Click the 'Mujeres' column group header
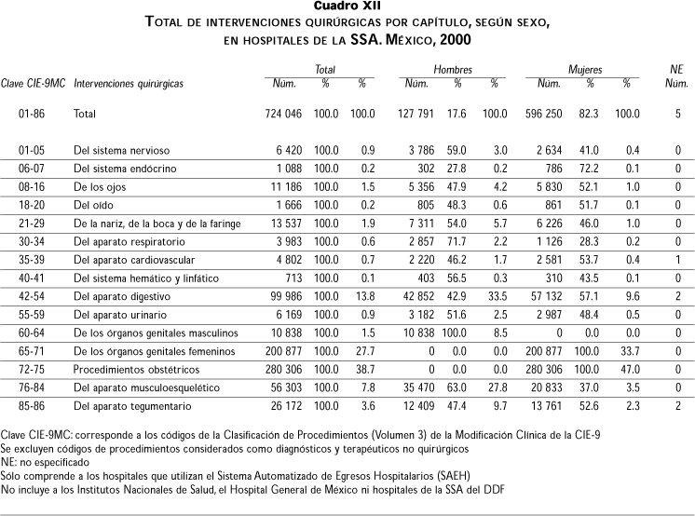coord(585,70)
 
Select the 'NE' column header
coord(677,70)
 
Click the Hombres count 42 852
coord(426,296)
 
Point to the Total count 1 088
coord(293,169)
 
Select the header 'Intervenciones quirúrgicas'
coord(128,84)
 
